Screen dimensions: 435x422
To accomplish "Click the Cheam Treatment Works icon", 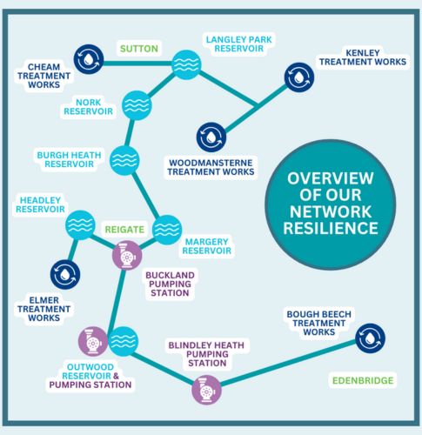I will (x=88, y=58).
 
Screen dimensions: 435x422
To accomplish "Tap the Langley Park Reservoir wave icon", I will (x=185, y=64).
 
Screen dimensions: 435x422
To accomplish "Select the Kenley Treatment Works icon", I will (x=298, y=77).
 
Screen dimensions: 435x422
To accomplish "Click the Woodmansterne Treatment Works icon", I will (x=211, y=136).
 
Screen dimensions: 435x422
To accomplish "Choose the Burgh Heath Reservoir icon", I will (x=125, y=158).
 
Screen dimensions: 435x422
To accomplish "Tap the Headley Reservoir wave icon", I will (x=80, y=224).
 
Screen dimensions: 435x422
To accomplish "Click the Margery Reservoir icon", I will (x=166, y=229).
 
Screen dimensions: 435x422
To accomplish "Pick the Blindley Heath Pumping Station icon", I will (x=207, y=390).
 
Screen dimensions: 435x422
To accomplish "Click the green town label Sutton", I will (x=139, y=49).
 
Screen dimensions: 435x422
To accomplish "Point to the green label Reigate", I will (x=124, y=229).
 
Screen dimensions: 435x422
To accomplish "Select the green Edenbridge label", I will (x=363, y=381).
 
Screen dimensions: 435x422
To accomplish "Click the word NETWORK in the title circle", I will (x=330, y=211).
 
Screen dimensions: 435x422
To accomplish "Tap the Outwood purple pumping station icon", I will (x=92, y=340).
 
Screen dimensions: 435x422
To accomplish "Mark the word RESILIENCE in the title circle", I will (x=330, y=229).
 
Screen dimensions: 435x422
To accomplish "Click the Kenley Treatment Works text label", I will (x=361, y=57).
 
